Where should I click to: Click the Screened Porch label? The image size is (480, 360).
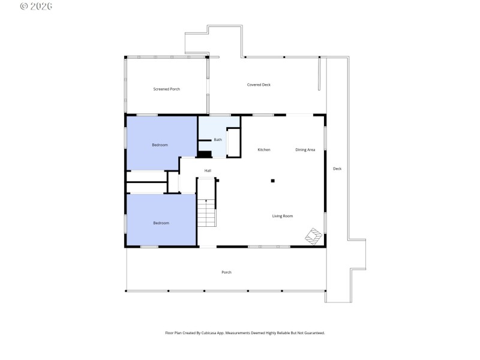tap(166, 89)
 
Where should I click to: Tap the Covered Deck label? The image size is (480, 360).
tap(259, 85)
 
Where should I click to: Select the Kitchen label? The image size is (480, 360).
tap(264, 149)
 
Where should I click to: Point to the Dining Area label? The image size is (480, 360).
tap(305, 149)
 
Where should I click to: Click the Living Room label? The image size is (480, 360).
tap(283, 216)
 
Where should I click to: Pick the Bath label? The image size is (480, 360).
tap(218, 140)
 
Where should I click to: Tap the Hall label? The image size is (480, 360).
tap(208, 170)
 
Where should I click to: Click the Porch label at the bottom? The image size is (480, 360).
tap(226, 272)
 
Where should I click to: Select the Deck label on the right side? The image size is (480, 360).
tap(337, 169)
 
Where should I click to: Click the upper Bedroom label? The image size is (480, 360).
tap(160, 145)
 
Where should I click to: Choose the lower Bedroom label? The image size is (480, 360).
tap(161, 223)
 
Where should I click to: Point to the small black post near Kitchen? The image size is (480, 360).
tap(272, 180)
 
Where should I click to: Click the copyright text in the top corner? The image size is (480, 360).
tap(36, 6)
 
